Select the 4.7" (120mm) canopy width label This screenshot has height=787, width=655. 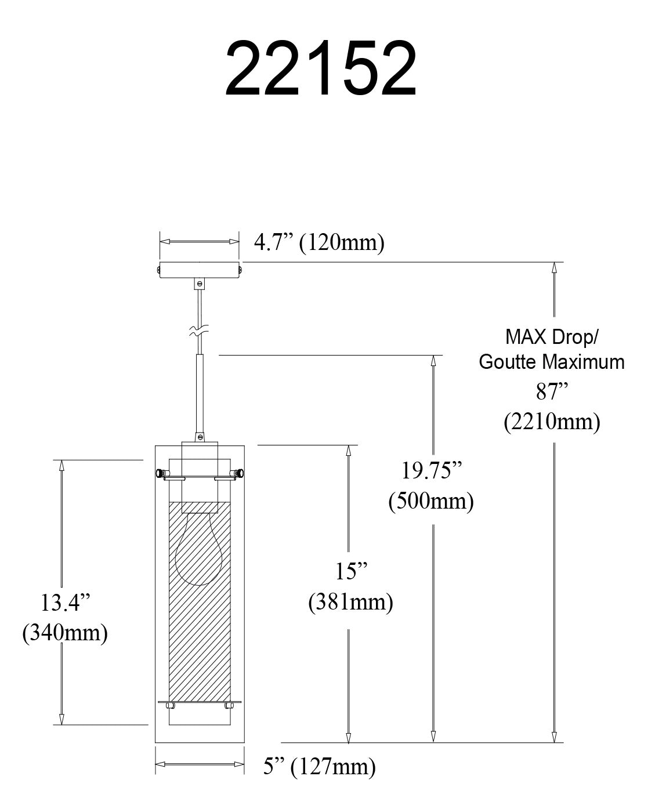319,242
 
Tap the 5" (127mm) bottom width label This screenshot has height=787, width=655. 319,767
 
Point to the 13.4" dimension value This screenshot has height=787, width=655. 66,603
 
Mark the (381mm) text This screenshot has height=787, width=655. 350,602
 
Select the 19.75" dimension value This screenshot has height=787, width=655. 432,471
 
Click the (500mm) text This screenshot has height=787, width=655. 431,501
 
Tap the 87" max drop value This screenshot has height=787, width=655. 551,392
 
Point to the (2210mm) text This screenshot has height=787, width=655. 551,421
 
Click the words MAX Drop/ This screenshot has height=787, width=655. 551,336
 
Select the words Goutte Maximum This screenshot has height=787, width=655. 551,362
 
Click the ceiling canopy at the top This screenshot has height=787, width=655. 200,270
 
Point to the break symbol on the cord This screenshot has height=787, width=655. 199,332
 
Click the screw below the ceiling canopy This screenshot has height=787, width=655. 200,284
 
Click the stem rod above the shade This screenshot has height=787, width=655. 200,394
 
